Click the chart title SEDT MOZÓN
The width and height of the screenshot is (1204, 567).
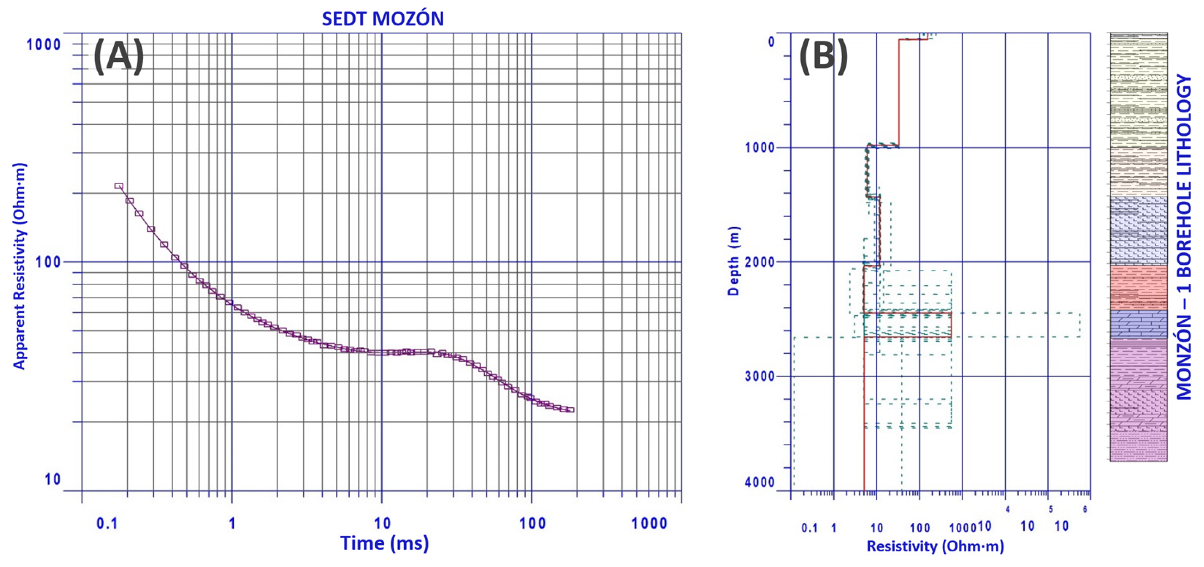pyautogui.click(x=382, y=19)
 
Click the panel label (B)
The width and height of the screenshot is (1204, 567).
pyautogui.click(x=824, y=56)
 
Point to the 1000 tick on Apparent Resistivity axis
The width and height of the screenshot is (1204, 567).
pyautogui.click(x=43, y=45)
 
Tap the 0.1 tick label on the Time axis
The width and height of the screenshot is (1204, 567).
pyautogui.click(x=107, y=523)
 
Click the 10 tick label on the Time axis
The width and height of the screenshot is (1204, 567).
pyautogui.click(x=382, y=523)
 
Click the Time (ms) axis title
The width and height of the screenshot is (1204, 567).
pyautogui.click(x=384, y=544)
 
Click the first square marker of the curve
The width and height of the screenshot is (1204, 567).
pyautogui.click(x=119, y=186)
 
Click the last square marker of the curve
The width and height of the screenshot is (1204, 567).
pyautogui.click(x=570, y=410)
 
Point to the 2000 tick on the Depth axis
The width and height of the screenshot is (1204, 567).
pyautogui.click(x=759, y=262)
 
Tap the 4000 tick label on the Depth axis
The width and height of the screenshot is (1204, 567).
pyautogui.click(x=759, y=482)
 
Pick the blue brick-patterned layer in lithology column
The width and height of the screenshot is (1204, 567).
pyautogui.click(x=1138, y=324)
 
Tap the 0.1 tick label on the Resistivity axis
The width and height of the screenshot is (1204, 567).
pyautogui.click(x=809, y=528)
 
